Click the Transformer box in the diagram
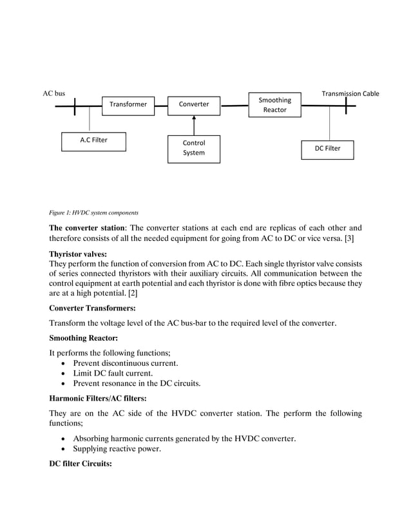[x=128, y=104]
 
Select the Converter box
[x=194, y=104]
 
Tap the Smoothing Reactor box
[x=275, y=105]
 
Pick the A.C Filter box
[x=93, y=140]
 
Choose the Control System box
[x=194, y=148]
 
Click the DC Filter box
[x=327, y=149]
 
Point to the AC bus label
[x=54, y=94]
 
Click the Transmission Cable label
[x=350, y=94]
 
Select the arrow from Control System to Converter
[x=194, y=126]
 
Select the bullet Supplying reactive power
[x=117, y=449]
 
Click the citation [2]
[x=132, y=293]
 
